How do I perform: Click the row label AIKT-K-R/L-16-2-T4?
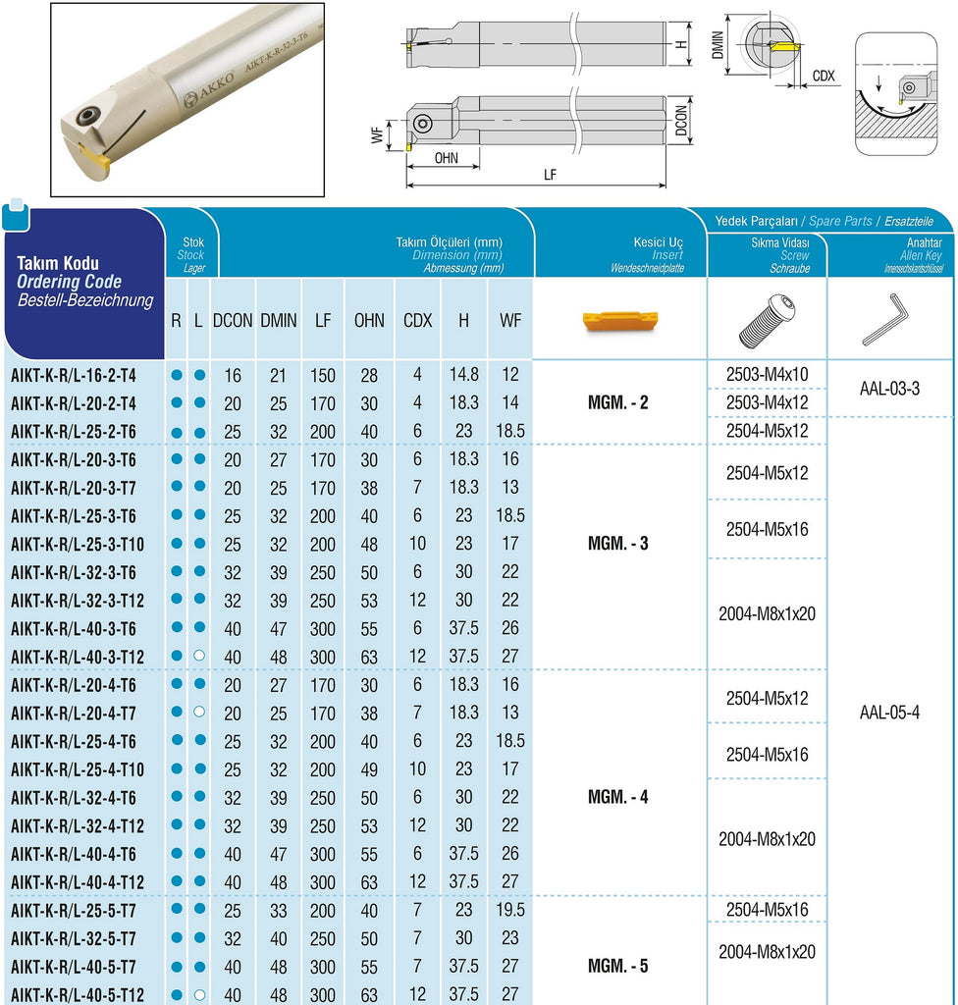pos(74,375)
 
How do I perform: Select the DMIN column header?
pos(279,320)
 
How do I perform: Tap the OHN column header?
pos(369,320)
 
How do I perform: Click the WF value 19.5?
pos(511,910)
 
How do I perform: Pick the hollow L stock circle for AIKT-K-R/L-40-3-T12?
pos(199,656)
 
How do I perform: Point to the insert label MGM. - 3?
pos(618,544)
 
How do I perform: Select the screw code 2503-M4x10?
pos(767,374)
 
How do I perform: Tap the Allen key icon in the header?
pos(885,320)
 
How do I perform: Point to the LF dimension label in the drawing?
pos(551,174)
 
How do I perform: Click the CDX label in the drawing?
pos(825,76)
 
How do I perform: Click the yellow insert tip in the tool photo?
pos(95,159)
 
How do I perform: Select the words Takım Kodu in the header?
pos(57,263)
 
